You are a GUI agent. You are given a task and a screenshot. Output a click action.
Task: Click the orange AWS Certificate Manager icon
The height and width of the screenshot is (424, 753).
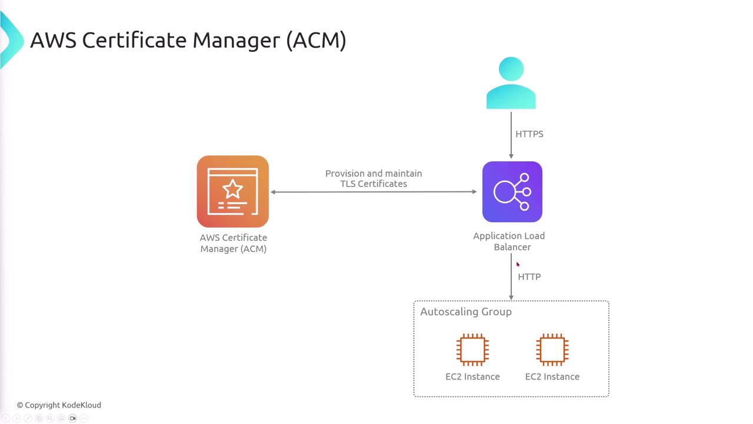click(x=233, y=191)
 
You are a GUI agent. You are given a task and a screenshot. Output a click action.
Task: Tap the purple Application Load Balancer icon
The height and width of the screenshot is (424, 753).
click(x=512, y=192)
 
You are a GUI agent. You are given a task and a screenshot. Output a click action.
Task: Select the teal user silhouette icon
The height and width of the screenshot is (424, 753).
click(x=511, y=83)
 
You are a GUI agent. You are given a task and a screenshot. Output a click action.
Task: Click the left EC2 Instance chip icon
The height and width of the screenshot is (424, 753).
click(x=472, y=349)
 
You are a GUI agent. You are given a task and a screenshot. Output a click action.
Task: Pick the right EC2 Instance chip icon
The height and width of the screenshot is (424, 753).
click(x=552, y=349)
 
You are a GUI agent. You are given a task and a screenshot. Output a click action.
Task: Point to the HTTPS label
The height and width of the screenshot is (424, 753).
click(x=529, y=134)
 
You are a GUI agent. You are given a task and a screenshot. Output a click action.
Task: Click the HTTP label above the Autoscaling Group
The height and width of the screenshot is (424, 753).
click(x=529, y=277)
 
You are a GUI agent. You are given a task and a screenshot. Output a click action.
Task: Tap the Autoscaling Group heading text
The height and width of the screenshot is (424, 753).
click(x=465, y=312)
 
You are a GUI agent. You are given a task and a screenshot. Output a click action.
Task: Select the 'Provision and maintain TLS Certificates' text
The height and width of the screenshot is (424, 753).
click(x=374, y=178)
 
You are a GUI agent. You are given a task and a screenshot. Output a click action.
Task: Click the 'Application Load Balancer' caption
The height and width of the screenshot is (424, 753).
click(x=509, y=241)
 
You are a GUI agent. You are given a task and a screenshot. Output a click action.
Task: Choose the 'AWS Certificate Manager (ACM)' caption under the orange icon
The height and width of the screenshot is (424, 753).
click(x=234, y=243)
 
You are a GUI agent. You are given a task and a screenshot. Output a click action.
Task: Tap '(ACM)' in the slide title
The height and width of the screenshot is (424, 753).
click(x=316, y=40)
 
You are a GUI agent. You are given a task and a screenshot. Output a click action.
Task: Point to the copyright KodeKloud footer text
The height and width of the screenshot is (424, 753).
click(x=59, y=405)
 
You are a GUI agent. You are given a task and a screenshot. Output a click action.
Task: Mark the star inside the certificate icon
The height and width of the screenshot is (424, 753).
click(x=232, y=188)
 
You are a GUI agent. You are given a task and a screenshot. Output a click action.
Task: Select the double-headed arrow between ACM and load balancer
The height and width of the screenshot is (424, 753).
click(x=374, y=192)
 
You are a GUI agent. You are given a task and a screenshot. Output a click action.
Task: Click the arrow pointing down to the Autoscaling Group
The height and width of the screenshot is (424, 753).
click(x=511, y=283)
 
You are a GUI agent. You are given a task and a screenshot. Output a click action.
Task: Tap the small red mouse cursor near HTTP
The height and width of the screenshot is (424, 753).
click(x=518, y=265)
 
